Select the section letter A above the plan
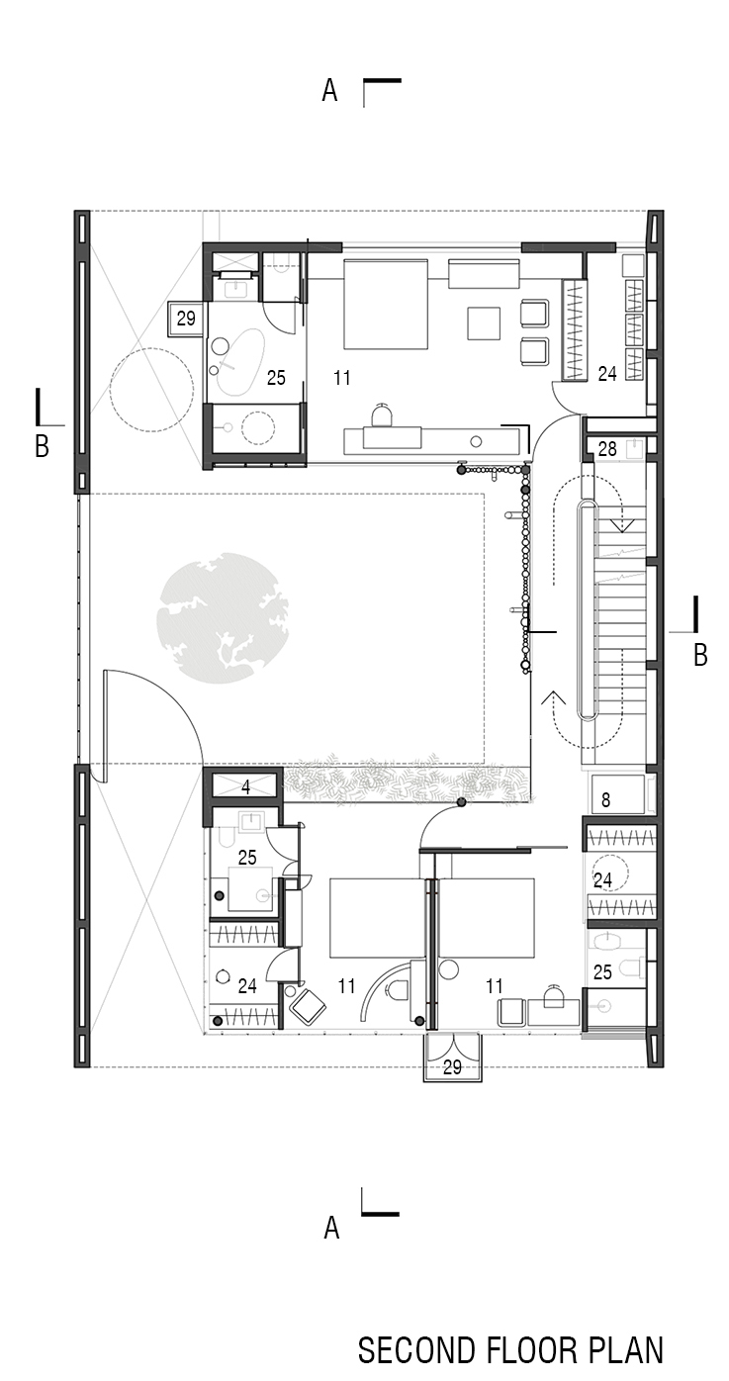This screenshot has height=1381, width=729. tap(329, 92)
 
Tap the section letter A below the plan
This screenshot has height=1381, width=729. tap(331, 1228)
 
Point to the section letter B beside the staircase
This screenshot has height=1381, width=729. tap(700, 655)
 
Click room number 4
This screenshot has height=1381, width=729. tap(245, 788)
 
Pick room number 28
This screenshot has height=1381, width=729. tap(606, 449)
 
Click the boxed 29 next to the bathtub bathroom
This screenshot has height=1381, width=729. tap(186, 319)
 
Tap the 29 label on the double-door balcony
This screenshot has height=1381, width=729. tap(452, 1066)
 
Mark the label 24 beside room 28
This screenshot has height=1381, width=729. tap(607, 374)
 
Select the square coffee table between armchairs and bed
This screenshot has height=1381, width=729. tap(485, 322)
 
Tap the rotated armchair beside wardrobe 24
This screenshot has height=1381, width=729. tap(308, 1007)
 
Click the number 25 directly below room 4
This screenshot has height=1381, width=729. tap(246, 858)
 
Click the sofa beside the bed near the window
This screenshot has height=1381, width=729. tap(484, 273)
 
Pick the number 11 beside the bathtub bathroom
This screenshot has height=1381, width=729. tap(342, 378)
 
